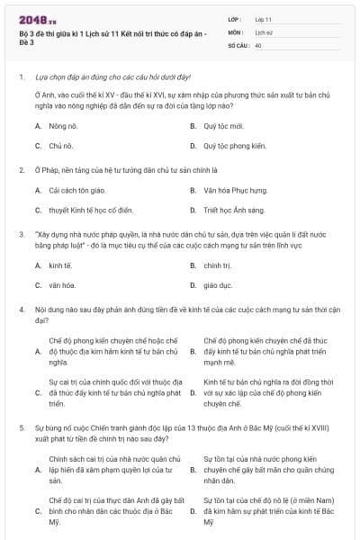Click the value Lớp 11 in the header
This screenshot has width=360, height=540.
tap(264, 18)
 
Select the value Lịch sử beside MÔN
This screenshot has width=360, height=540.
tap(264, 31)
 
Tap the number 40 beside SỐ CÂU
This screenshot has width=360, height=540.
tap(258, 44)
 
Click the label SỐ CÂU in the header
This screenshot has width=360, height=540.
tap(238, 44)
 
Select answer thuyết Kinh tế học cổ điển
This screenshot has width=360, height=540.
tap(91, 210)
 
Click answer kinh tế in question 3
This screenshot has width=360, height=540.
tap(59, 265)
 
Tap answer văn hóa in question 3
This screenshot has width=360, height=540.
tap(60, 285)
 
